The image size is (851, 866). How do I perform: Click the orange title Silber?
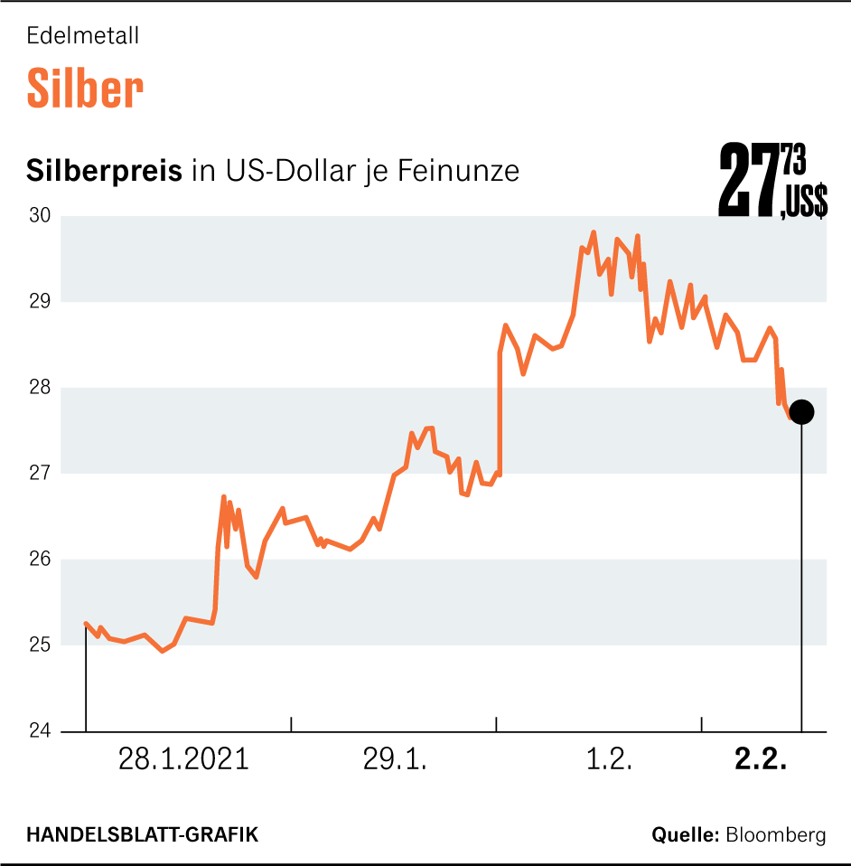(85, 89)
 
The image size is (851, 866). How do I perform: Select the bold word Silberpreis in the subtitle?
(105, 171)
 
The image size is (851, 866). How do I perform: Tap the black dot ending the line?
(801, 412)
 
